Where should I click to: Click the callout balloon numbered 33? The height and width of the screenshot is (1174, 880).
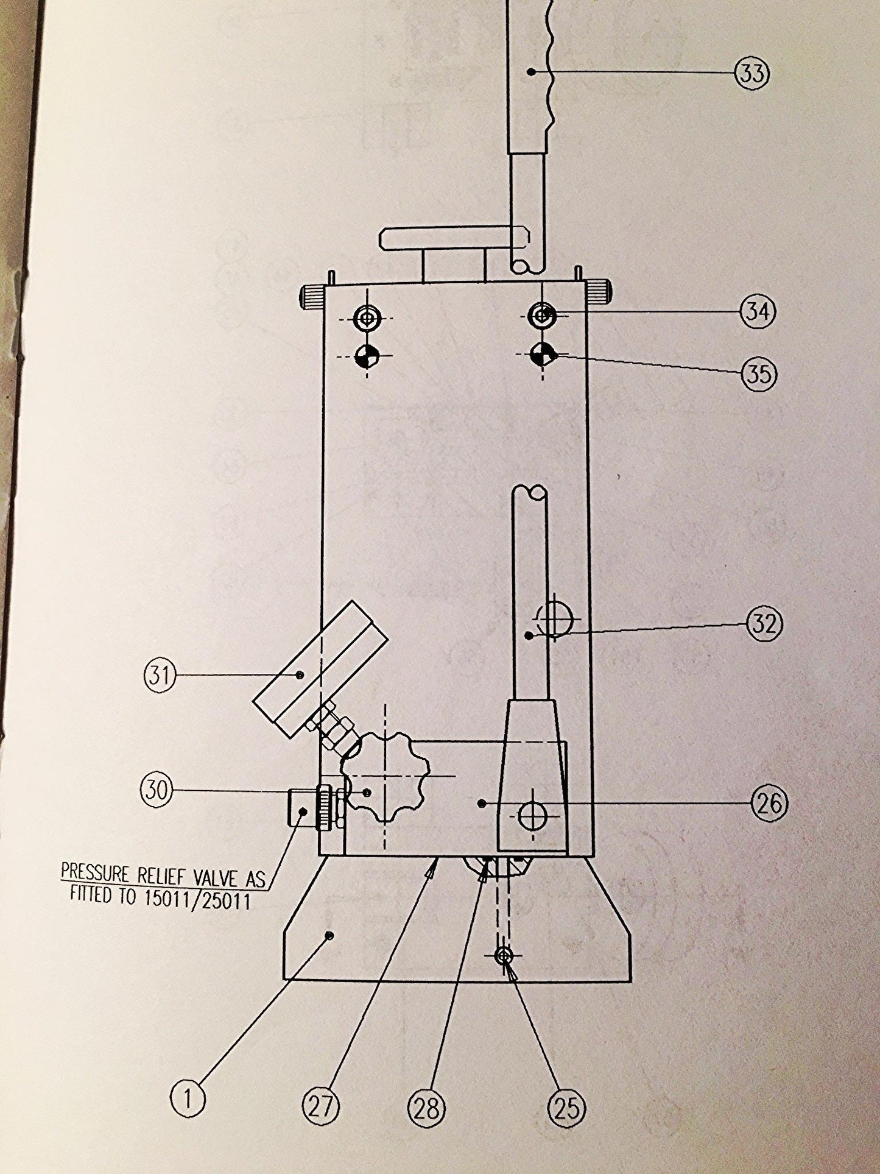pos(753,73)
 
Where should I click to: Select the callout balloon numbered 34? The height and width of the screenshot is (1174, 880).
pos(758,311)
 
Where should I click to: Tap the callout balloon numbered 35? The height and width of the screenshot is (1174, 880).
pos(759,373)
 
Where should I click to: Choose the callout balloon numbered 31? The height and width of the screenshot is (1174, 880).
pos(160,675)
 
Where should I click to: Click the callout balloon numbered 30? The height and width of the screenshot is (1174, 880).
pos(157,790)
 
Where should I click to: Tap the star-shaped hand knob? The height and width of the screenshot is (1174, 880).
pos(383,778)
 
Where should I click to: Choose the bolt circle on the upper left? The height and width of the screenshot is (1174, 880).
pos(367,317)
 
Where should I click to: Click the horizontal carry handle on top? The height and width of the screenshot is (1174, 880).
pos(451,238)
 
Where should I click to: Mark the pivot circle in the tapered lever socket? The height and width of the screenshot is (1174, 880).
pos(532,816)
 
